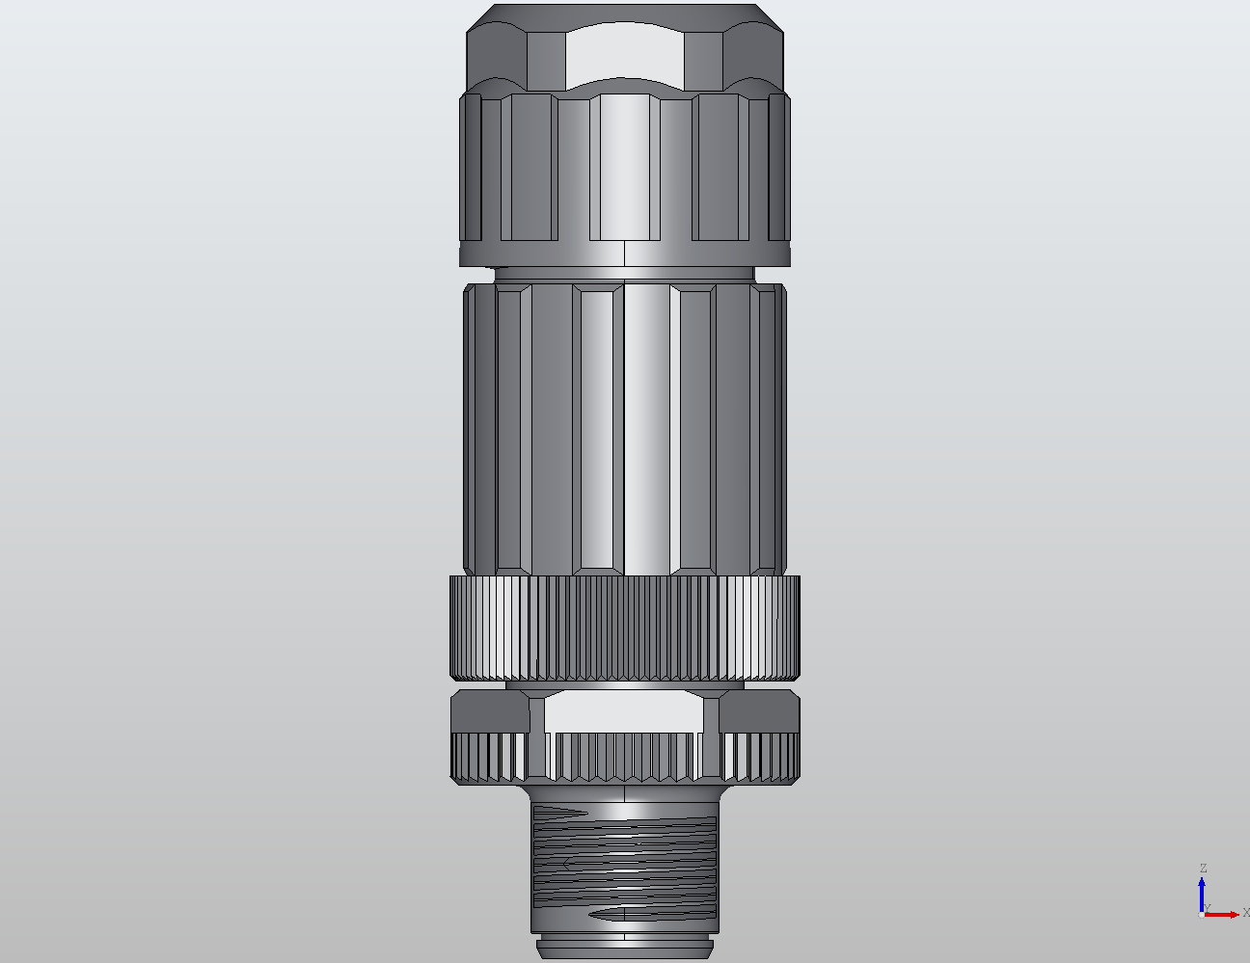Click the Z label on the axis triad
pos(1203,869)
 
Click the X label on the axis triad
pos(1245,912)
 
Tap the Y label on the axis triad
pos(1207,908)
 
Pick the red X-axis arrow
pos(1223,914)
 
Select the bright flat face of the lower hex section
pos(625,711)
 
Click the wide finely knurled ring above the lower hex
pos(625,628)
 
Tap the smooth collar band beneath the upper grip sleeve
pos(625,254)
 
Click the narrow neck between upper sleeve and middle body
pos(625,274)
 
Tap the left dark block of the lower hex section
pos(490,711)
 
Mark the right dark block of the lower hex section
pos(759,711)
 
